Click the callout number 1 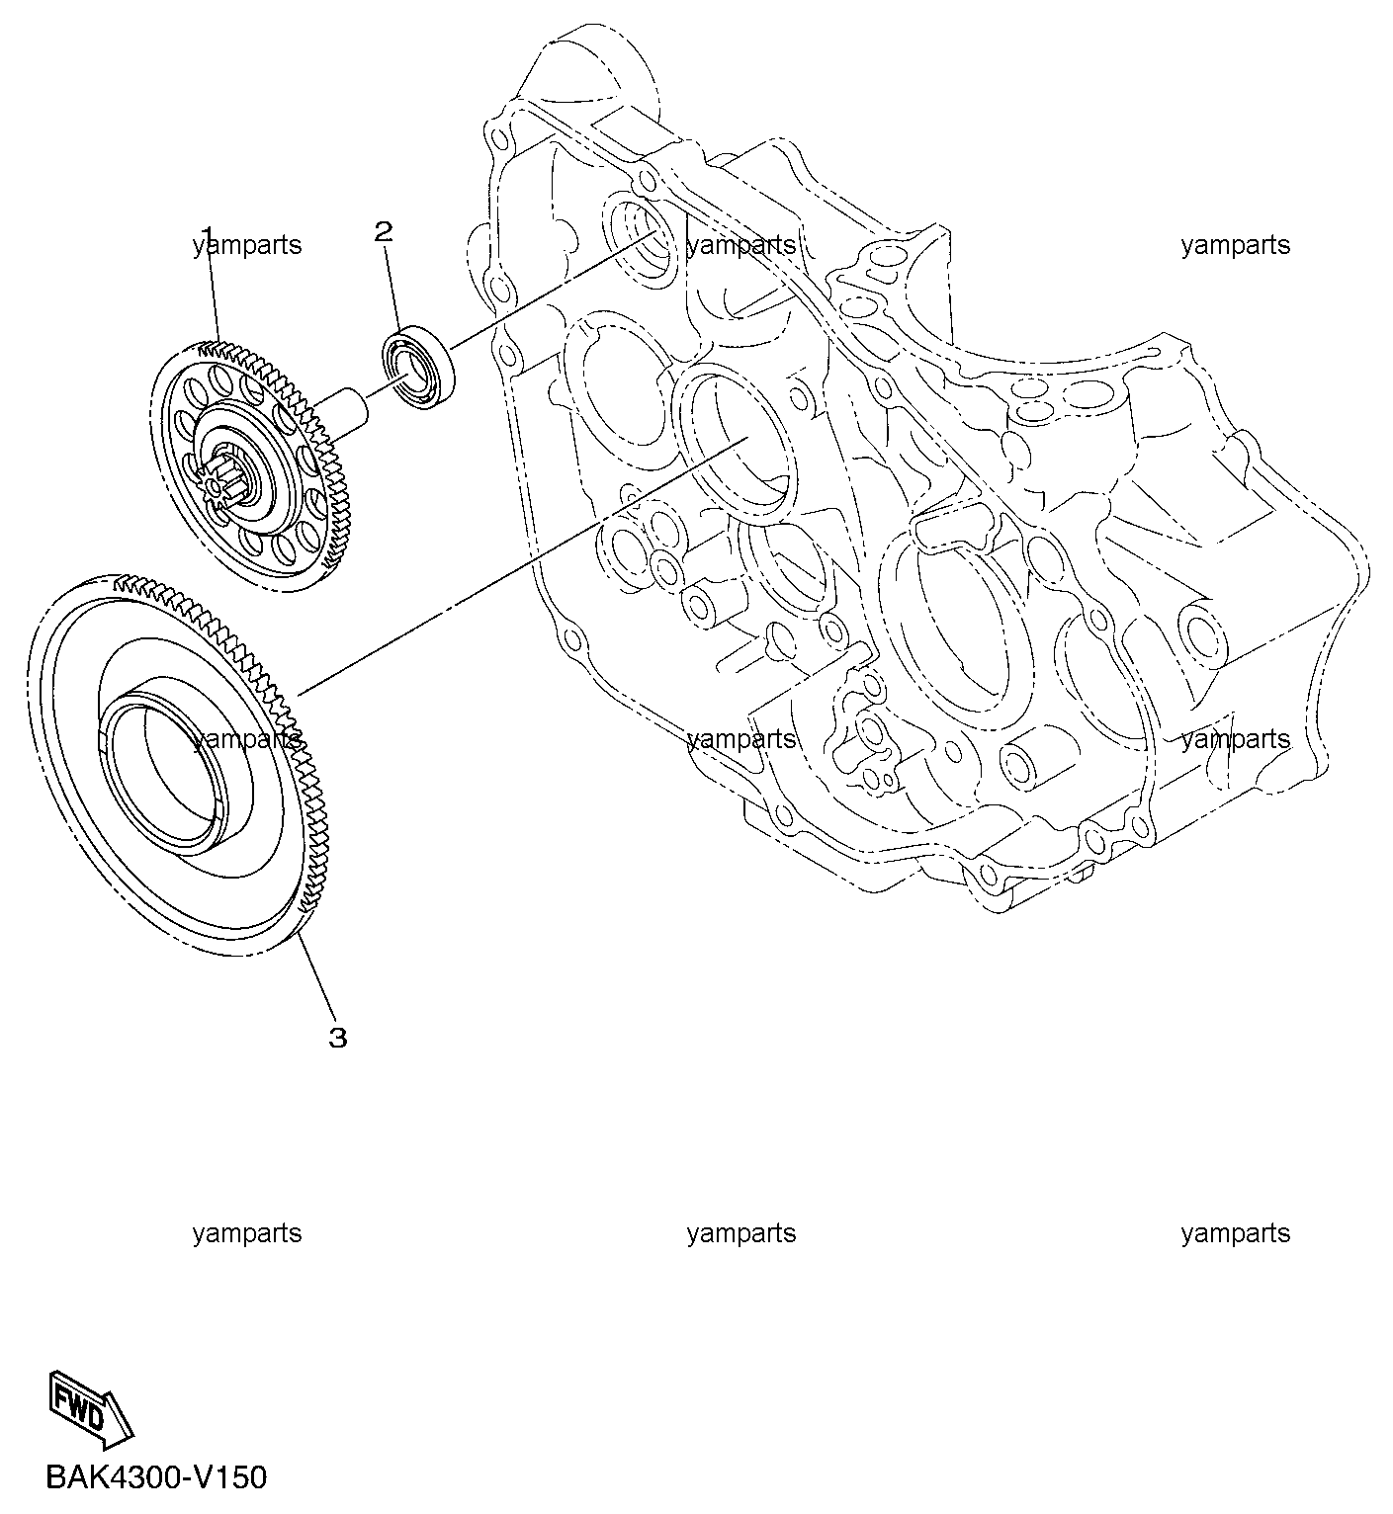207,234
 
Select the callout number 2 384,231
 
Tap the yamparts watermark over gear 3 247,740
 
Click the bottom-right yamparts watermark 1236,1234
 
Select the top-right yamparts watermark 1236,246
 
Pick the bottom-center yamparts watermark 741,1234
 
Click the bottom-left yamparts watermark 247,1234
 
